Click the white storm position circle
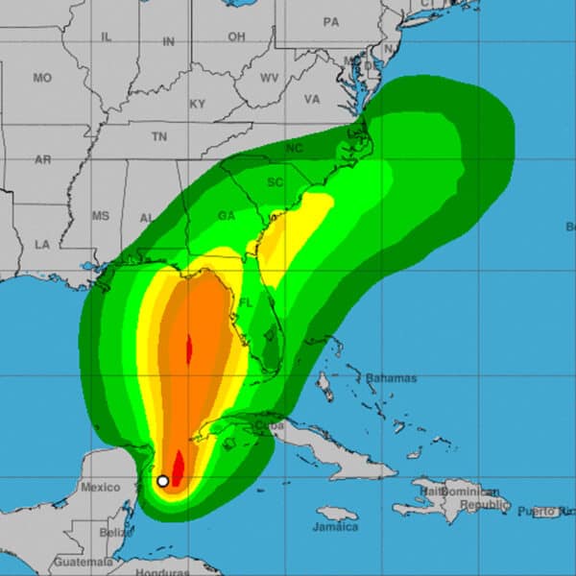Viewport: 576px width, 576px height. click(x=163, y=481)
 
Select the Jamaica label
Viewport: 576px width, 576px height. click(x=335, y=527)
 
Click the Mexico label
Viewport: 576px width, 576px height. click(x=100, y=487)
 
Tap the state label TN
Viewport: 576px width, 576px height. click(x=158, y=137)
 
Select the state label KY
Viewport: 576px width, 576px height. click(x=198, y=104)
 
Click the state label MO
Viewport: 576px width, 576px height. click(x=42, y=78)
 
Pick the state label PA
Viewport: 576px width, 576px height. click(x=331, y=21)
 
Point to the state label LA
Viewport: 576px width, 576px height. click(x=42, y=245)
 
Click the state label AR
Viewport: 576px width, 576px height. click(x=42, y=160)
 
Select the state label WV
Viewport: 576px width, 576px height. click(x=270, y=77)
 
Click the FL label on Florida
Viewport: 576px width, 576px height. click(x=245, y=301)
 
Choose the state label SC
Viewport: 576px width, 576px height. click(x=276, y=182)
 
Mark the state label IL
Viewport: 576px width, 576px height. click(x=106, y=36)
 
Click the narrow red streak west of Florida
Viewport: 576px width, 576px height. click(x=188, y=347)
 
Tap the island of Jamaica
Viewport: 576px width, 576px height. click(x=335, y=513)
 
